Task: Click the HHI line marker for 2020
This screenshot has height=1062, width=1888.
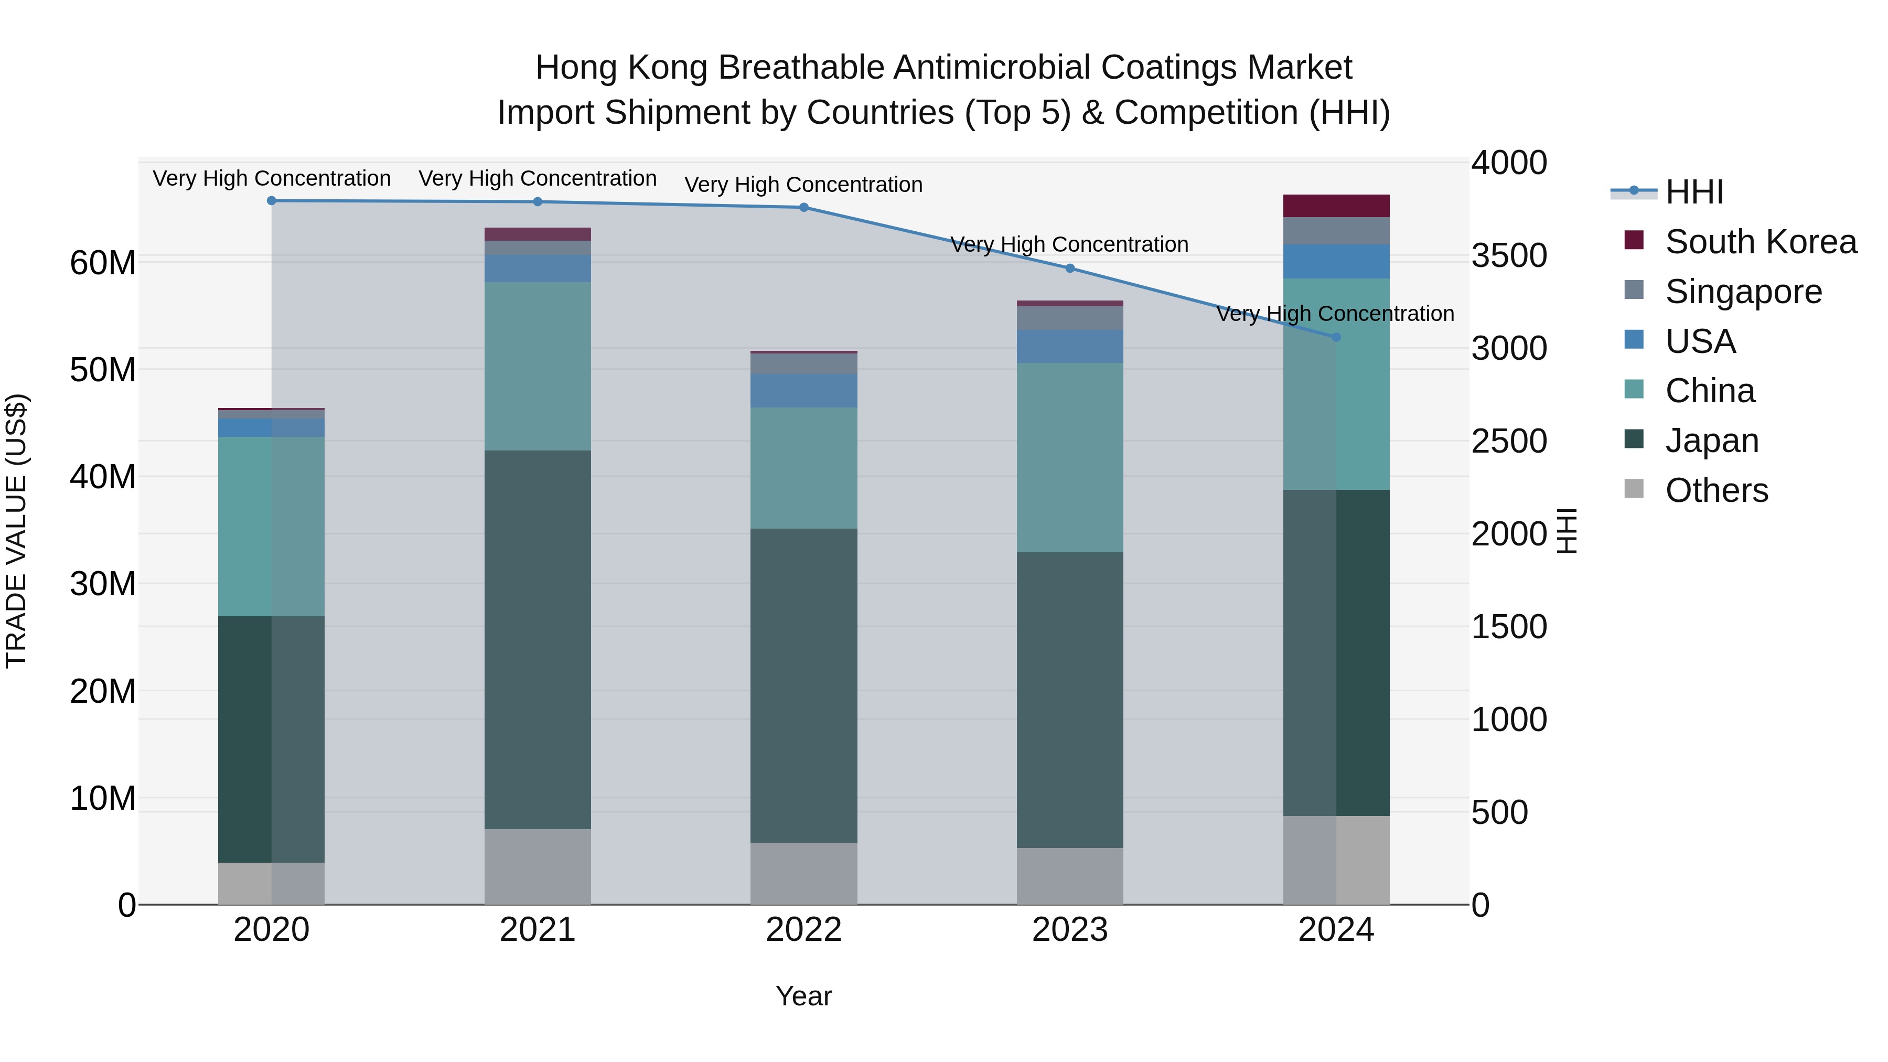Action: (x=271, y=201)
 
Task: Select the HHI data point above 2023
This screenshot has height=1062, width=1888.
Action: (x=1070, y=268)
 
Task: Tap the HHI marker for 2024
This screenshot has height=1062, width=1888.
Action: (x=1336, y=337)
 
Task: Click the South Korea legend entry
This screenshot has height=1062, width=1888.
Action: (x=1761, y=242)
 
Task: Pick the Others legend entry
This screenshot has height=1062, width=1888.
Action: (x=1716, y=490)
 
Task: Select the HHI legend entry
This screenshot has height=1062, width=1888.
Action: (x=1694, y=192)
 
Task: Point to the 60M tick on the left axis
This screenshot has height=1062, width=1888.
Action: (x=103, y=262)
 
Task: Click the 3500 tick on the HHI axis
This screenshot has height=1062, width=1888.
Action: (x=1509, y=256)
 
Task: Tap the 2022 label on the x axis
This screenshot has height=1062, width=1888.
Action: (x=803, y=930)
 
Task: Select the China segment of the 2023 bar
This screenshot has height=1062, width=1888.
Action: (x=1070, y=457)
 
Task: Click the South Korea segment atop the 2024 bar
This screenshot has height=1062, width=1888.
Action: (x=1336, y=206)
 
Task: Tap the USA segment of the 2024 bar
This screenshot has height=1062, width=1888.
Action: (x=1336, y=261)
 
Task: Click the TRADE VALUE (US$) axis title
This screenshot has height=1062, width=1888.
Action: (x=16, y=531)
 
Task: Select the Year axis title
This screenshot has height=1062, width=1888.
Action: (x=803, y=996)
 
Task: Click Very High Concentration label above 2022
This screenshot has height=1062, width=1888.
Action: (x=803, y=185)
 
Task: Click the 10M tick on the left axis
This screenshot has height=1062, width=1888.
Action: (x=103, y=798)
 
